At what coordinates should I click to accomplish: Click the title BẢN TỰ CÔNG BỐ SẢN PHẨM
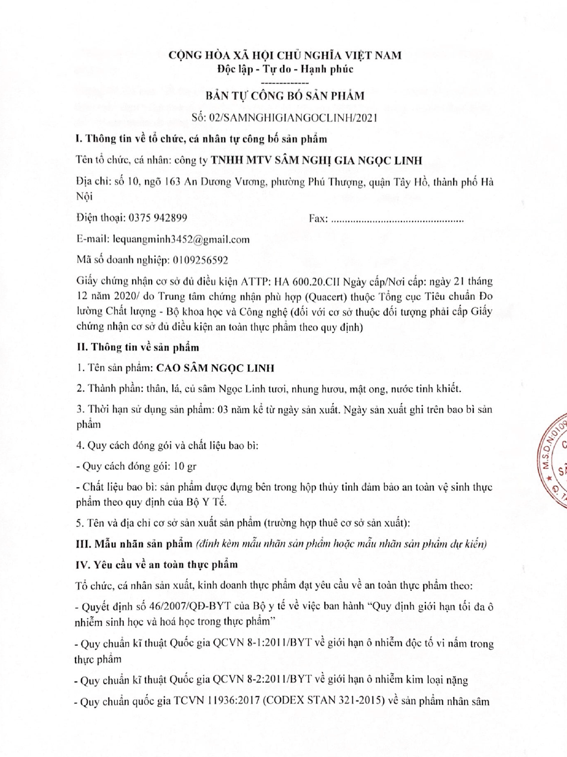click(x=285, y=96)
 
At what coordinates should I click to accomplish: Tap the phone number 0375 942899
click(x=158, y=218)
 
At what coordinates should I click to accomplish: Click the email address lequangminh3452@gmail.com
click(x=181, y=239)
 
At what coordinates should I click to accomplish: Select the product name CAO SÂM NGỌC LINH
click(x=215, y=368)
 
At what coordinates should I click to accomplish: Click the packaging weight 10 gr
click(x=185, y=466)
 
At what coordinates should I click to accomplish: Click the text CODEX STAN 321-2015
click(x=324, y=701)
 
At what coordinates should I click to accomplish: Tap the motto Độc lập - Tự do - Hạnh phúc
click(x=285, y=69)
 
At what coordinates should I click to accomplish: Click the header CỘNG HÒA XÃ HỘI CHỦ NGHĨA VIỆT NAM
click(x=285, y=55)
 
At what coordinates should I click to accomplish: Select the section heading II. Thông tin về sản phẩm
click(x=138, y=348)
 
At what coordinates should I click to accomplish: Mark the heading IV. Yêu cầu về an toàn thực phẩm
click(x=157, y=564)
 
